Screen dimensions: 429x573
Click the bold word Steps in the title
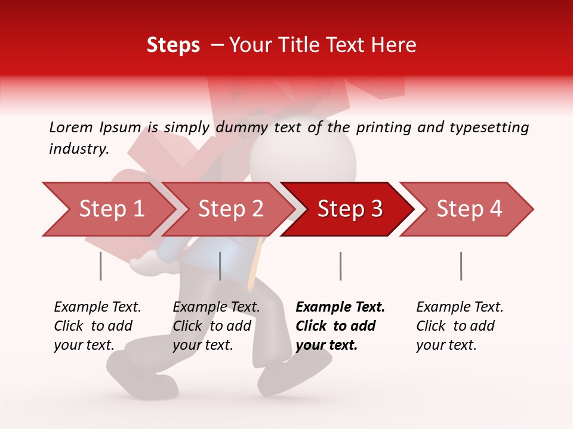pyautogui.click(x=173, y=45)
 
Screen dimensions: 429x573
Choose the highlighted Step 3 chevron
pyautogui.click(x=350, y=209)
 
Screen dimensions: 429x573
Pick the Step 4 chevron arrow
pyautogui.click(x=469, y=209)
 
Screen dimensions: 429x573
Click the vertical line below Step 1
pyautogui.click(x=101, y=266)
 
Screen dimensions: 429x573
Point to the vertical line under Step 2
pyautogui.click(x=220, y=266)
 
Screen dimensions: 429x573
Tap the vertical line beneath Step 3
pyautogui.click(x=340, y=266)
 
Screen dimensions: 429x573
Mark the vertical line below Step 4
pyautogui.click(x=461, y=266)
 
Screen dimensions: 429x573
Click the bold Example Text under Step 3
pyautogui.click(x=340, y=307)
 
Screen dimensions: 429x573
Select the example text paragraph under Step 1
pyautogui.click(x=97, y=326)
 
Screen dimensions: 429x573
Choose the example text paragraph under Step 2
pyautogui.click(x=216, y=326)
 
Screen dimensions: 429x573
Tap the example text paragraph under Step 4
pyautogui.click(x=460, y=326)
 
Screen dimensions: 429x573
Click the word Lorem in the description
pyautogui.click(x=70, y=127)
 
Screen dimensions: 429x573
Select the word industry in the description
pyautogui.click(x=78, y=149)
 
